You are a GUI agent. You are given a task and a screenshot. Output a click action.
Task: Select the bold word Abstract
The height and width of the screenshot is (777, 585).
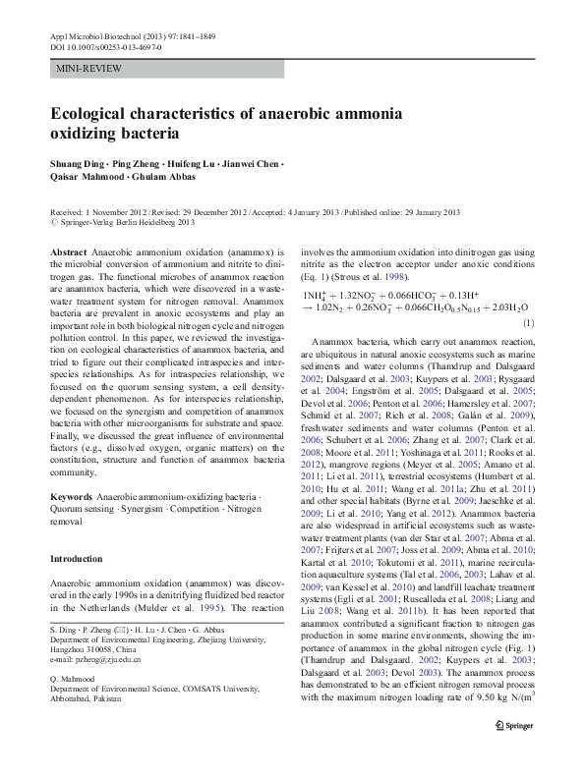pyautogui.click(x=69, y=252)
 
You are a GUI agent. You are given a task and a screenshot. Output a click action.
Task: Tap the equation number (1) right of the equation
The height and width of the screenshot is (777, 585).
pyautogui.click(x=528, y=322)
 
